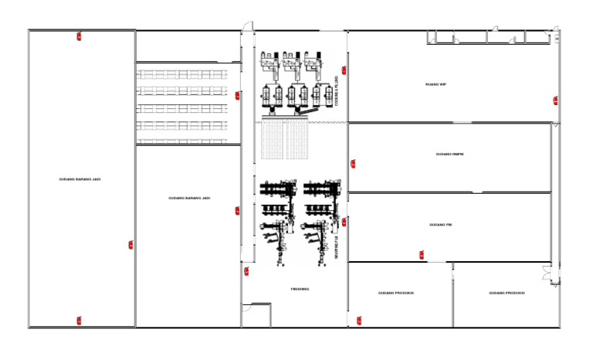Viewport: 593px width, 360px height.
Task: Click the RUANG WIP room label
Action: coord(436,84)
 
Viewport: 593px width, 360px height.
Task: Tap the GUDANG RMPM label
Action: coord(449,155)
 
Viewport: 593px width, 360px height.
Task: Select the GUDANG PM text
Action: coord(440,225)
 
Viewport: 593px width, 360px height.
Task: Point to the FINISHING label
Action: coord(300,289)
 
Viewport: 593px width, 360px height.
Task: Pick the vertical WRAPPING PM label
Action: coord(337,246)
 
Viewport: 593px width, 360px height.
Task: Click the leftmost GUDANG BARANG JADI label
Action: coord(80,179)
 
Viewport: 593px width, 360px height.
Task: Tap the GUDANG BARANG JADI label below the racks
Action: coord(189,198)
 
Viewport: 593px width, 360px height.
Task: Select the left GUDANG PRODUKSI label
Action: coord(396,294)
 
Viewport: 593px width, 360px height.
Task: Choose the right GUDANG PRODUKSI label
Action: coord(507,294)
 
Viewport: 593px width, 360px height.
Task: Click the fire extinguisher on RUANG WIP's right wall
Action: coord(554,99)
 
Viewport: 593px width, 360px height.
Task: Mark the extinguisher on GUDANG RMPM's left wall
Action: coord(353,163)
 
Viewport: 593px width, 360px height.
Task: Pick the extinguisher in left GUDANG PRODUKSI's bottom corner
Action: coord(359,320)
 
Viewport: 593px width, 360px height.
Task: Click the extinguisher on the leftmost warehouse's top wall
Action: coord(79,36)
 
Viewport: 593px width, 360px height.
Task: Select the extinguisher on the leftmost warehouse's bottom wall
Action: coord(79,320)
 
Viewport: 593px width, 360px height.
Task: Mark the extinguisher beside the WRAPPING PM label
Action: coord(344,222)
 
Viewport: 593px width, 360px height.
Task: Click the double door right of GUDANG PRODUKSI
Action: coord(547,273)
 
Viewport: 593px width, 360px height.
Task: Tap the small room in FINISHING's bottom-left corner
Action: coord(256,314)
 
